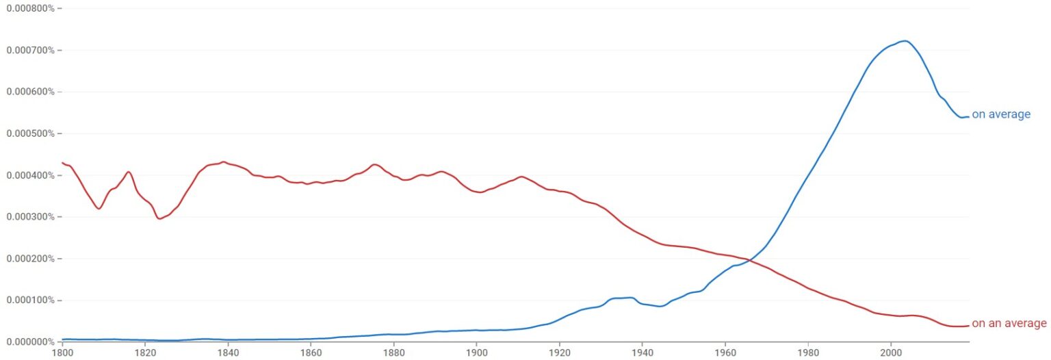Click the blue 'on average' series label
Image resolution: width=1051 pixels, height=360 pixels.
pos(1000,114)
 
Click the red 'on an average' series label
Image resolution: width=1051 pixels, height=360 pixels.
pos(1009,324)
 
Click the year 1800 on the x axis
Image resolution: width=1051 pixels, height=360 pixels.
pos(62,353)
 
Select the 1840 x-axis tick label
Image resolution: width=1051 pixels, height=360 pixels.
pos(228,353)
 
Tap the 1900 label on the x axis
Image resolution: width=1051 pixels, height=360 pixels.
pos(476,353)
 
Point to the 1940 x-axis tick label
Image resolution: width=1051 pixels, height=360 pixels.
pos(642,353)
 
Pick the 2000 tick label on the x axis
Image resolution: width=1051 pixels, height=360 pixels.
pos(890,353)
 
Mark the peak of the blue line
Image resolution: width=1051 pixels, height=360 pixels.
pos(905,41)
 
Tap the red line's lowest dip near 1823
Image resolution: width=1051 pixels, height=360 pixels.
pos(159,218)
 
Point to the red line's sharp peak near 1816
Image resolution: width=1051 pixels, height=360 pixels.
pos(128,172)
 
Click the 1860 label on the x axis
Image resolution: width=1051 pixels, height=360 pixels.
pos(311,353)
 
